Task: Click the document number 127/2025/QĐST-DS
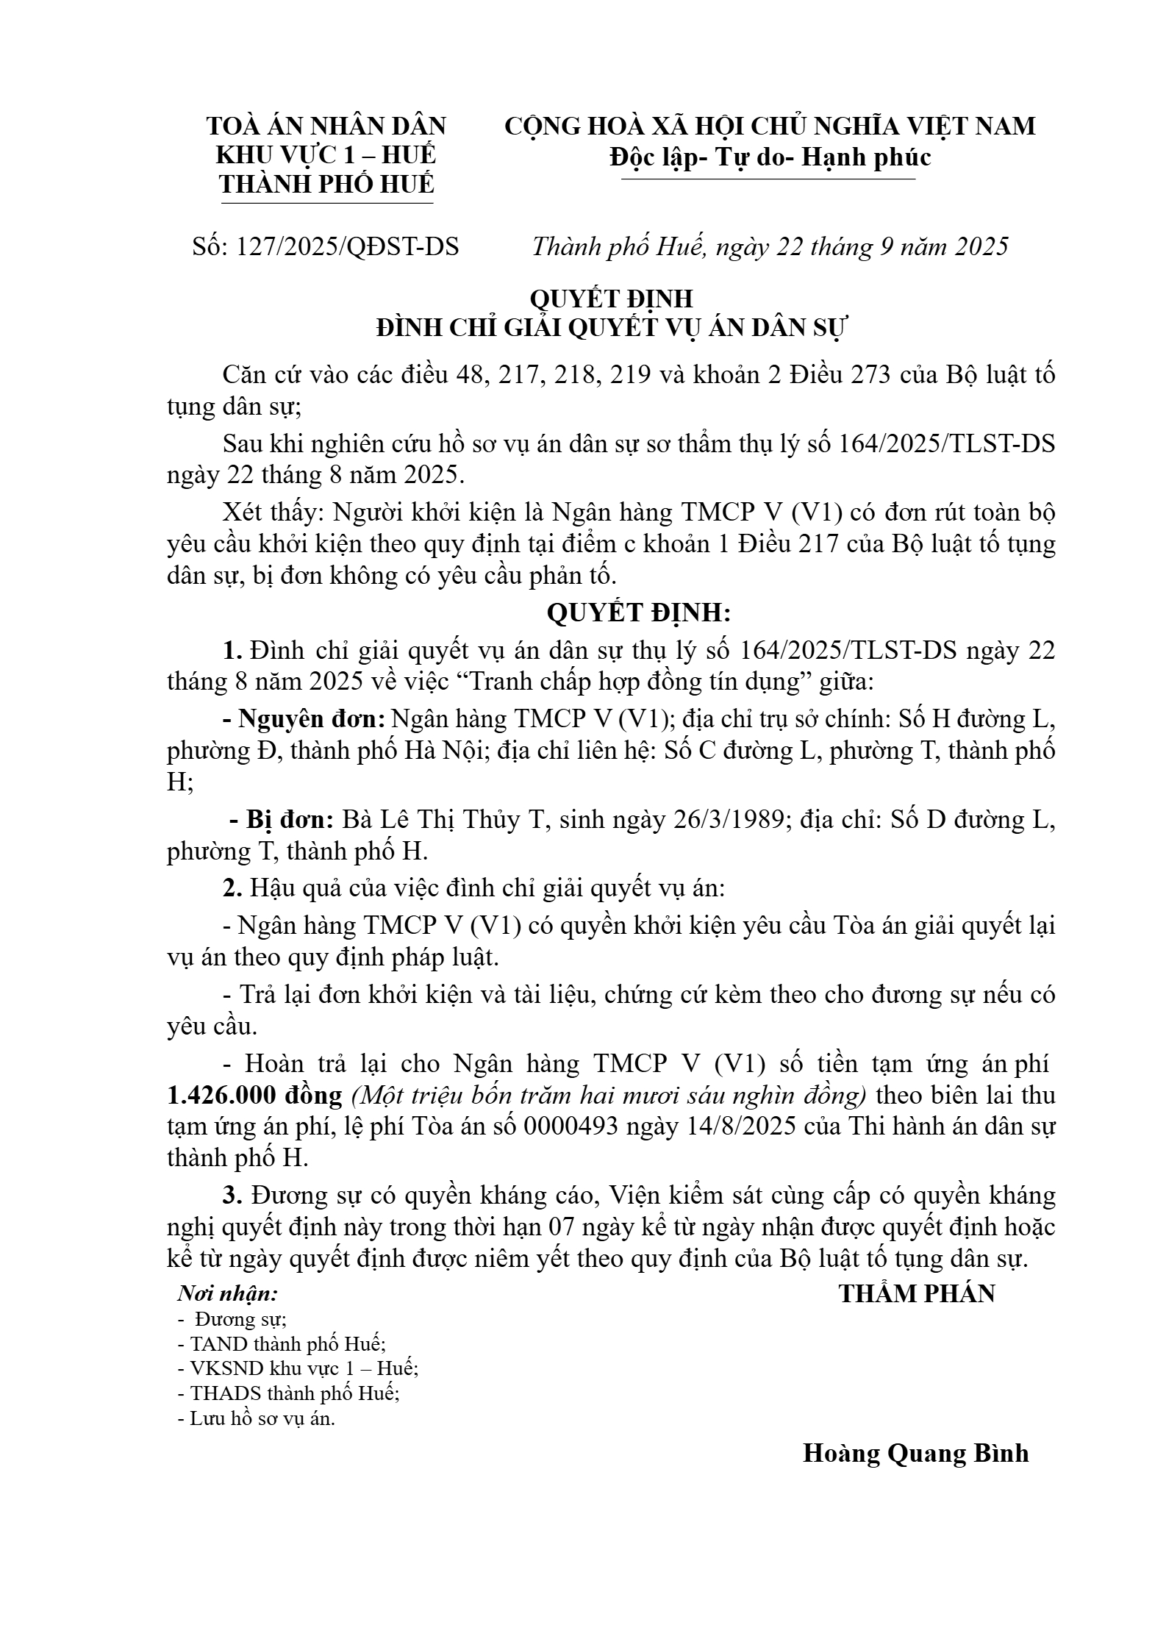point(346,246)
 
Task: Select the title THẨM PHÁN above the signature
point(917,1294)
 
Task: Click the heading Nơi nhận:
point(229,1293)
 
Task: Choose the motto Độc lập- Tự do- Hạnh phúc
point(770,157)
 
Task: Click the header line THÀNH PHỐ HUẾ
point(327,184)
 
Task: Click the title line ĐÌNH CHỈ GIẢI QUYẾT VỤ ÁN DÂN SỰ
point(612,328)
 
